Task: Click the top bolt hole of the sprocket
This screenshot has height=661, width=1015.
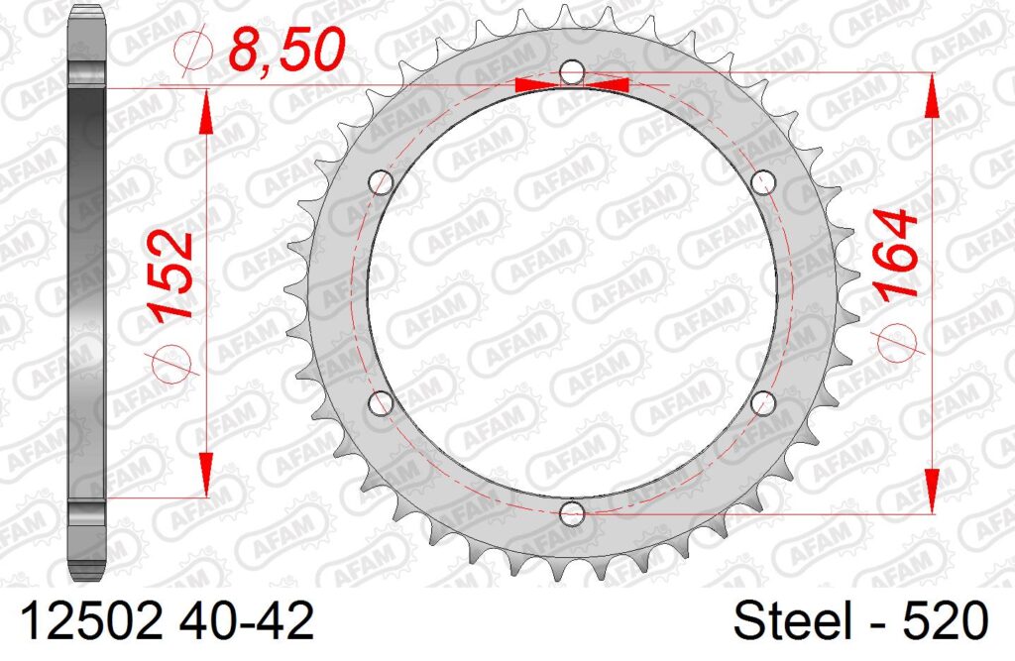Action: (x=572, y=72)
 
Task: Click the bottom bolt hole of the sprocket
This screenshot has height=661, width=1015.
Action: (x=572, y=514)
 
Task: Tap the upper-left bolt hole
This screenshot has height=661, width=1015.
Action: (x=381, y=182)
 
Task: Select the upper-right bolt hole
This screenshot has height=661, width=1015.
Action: (x=764, y=182)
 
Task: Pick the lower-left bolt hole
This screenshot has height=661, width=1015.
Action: (x=381, y=403)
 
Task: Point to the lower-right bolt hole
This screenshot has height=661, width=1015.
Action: (x=763, y=403)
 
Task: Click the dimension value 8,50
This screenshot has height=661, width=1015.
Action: (x=287, y=50)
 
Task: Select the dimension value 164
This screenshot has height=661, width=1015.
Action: (x=895, y=254)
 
